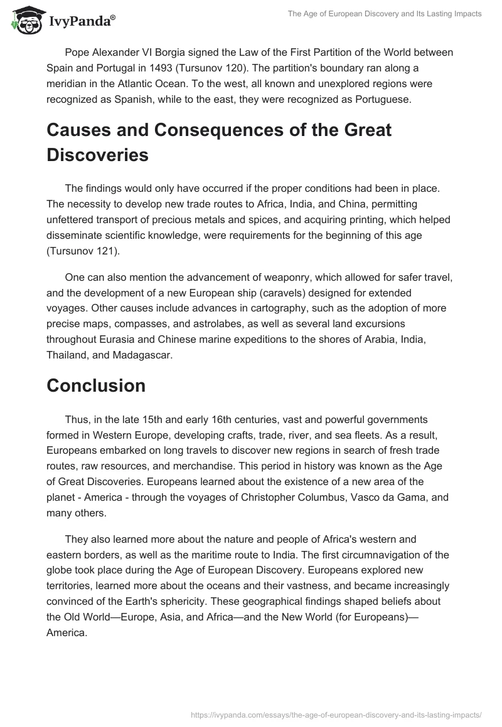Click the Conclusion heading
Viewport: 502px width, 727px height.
95,385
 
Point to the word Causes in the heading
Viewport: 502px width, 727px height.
80,130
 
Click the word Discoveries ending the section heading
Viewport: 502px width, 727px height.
97,155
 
